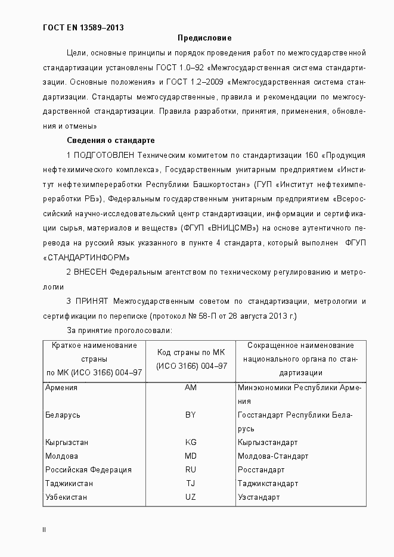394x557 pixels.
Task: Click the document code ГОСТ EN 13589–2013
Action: click(x=84, y=27)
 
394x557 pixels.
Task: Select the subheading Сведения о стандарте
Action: click(x=110, y=141)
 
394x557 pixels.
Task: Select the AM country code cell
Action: click(x=191, y=388)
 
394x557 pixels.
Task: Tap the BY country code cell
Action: click(x=191, y=415)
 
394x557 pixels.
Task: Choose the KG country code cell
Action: click(x=191, y=443)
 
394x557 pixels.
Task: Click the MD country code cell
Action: click(x=191, y=456)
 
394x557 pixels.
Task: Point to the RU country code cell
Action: click(x=191, y=470)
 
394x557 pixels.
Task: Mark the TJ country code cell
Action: click(x=191, y=484)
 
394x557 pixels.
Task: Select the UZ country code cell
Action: click(x=191, y=497)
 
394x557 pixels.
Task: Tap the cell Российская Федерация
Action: click(x=88, y=470)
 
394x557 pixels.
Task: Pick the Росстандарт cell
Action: click(x=261, y=470)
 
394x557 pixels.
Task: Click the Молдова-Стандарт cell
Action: click(x=273, y=456)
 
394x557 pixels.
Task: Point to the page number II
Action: click(x=44, y=530)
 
